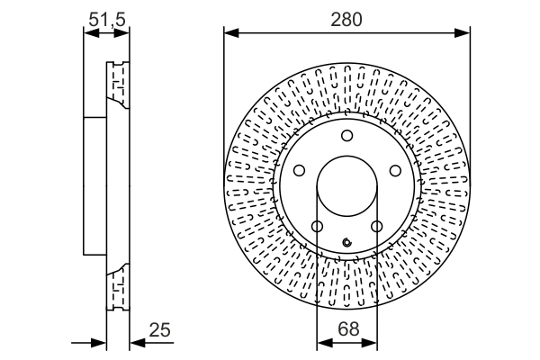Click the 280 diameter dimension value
tap(346, 19)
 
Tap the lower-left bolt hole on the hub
tap(316, 227)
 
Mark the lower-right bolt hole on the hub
tap(377, 227)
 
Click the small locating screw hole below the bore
tap(346, 240)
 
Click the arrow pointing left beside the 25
tap(137, 342)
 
